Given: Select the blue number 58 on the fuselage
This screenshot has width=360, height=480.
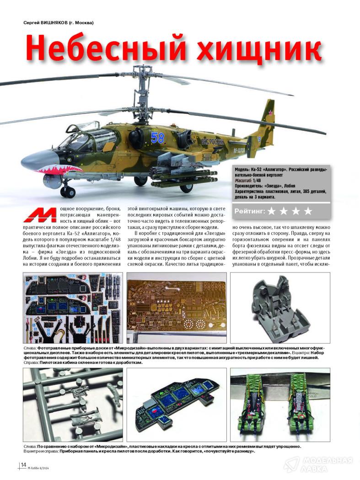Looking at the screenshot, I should pyautogui.click(x=157, y=137).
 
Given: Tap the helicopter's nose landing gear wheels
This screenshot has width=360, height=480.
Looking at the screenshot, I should pyautogui.click(x=68, y=191).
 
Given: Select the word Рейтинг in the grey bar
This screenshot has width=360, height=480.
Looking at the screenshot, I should pyautogui.click(x=250, y=211).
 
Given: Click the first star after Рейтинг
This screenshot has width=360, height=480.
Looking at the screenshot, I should pyautogui.click(x=272, y=211).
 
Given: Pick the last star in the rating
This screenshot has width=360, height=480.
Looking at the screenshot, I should pyautogui.click(x=308, y=211).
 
